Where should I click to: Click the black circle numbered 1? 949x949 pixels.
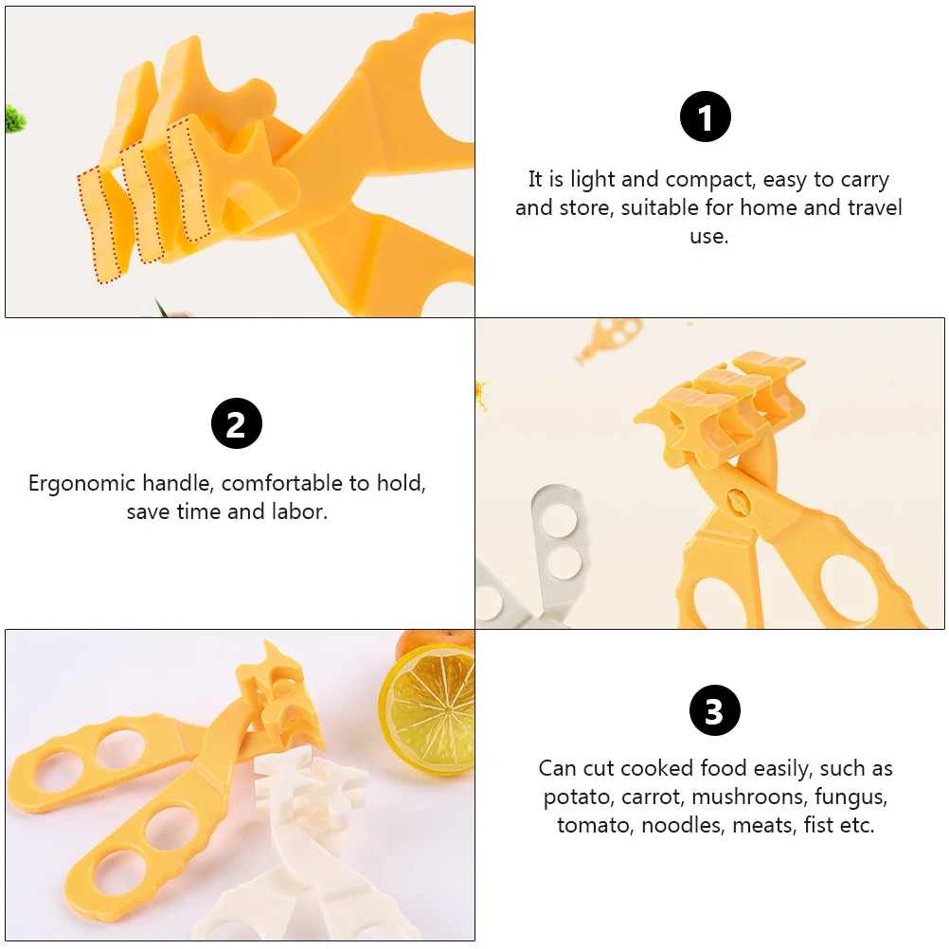click(x=705, y=116)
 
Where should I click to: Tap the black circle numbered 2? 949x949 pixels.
click(x=237, y=423)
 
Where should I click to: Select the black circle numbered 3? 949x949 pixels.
click(x=715, y=710)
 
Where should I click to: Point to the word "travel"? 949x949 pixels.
click(x=874, y=207)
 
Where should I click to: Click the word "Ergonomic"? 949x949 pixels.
click(x=81, y=484)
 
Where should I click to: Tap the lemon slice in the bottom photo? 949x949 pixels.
click(x=427, y=708)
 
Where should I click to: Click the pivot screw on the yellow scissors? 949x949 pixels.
click(x=739, y=501)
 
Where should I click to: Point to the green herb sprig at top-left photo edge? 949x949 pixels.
click(x=15, y=118)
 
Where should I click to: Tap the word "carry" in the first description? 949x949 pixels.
click(x=865, y=181)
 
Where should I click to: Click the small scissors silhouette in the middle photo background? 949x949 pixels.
click(x=608, y=338)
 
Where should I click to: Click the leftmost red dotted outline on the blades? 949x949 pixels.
click(x=101, y=224)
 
